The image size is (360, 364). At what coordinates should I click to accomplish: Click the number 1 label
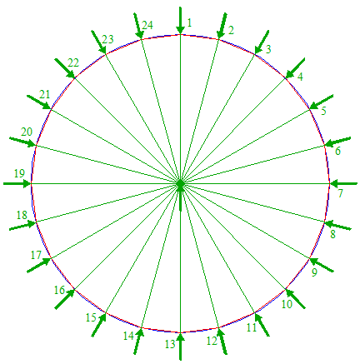pos(189,22)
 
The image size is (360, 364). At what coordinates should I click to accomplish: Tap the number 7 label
pos(341,193)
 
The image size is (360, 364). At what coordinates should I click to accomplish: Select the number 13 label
pos(170,344)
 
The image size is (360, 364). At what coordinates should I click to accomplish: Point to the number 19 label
pos(19,173)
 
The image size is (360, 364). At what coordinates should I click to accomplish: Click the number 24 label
pos(147,25)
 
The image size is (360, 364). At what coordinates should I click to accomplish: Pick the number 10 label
pos(287,304)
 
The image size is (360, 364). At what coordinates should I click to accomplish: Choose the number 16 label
pos(59,290)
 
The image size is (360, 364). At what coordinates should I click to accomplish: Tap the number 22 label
pos(73,63)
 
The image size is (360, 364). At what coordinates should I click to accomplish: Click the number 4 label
pos(300,77)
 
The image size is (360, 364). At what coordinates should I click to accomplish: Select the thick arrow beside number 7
pos(344,183)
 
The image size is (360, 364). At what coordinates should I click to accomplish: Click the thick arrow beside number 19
pos(17,183)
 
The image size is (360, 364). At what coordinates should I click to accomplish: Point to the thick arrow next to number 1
pos(181,20)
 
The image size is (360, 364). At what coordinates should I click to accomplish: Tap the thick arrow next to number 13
pos(181,347)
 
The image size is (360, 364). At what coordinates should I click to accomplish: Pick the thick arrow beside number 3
pos(262,42)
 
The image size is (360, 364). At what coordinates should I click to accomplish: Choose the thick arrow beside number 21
pos(39,102)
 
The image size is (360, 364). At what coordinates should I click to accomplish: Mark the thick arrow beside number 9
pos(322,265)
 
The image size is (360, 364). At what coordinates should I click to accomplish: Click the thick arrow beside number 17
pos(39,265)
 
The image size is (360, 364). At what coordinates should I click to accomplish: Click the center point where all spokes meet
pos(180,183)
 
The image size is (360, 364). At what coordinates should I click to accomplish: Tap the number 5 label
pos(323,111)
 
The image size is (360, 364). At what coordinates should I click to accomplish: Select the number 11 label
pos(252,327)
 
